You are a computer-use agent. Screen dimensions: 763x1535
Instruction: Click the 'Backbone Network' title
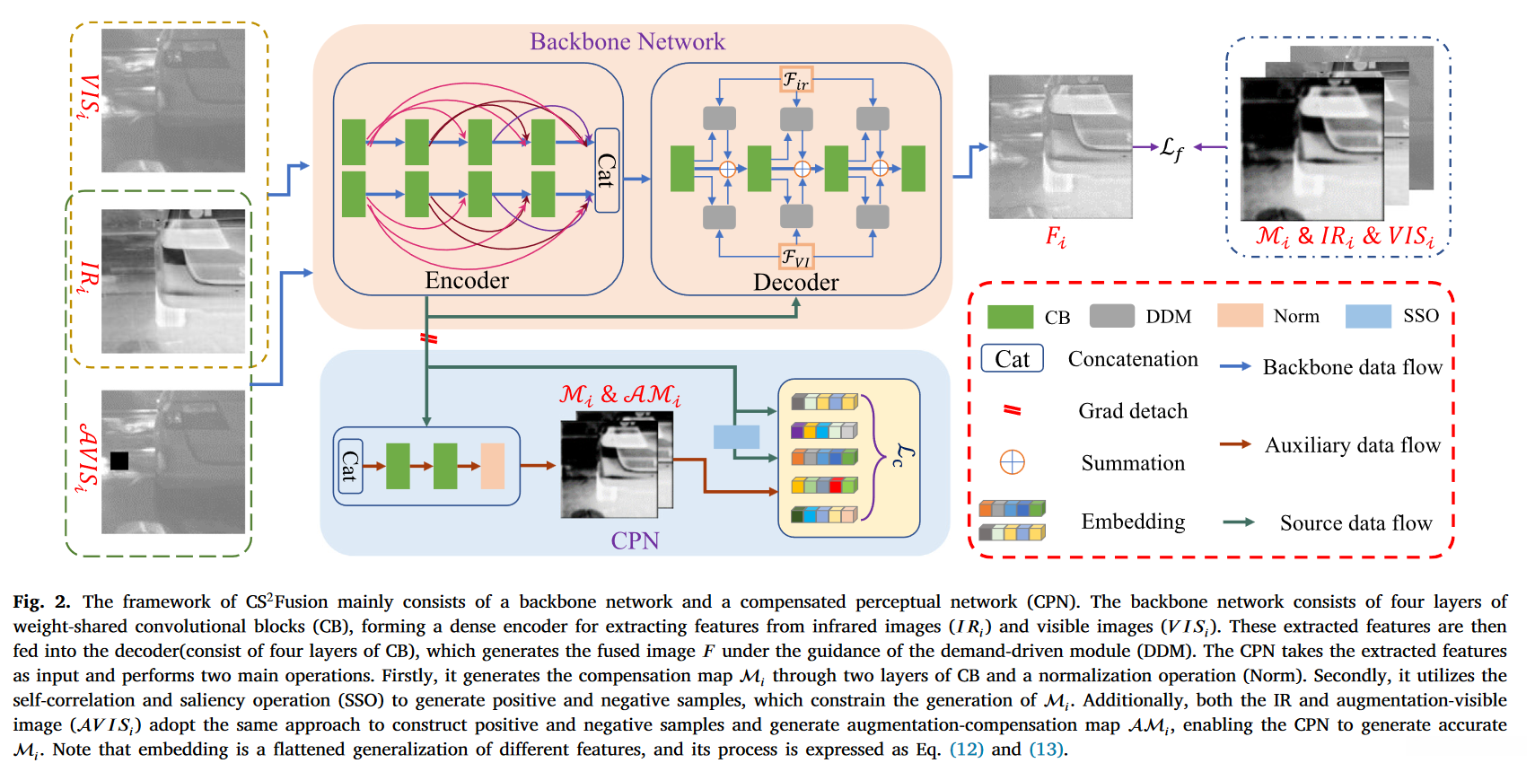pos(627,41)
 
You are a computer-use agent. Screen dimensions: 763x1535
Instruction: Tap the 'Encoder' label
pos(467,280)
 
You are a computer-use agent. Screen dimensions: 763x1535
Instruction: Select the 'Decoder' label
pos(795,282)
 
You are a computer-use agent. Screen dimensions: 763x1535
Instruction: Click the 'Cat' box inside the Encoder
pos(607,171)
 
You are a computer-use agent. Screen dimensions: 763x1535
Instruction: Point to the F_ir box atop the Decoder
pos(796,80)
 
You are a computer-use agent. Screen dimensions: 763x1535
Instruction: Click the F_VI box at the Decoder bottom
pos(796,258)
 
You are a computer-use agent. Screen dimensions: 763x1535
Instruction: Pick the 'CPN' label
pos(635,540)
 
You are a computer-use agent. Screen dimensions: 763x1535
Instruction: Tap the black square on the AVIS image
pos(119,460)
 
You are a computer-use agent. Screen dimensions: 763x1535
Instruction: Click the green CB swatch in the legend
pos(1010,317)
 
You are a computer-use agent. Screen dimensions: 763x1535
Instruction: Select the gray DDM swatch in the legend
pos(1111,316)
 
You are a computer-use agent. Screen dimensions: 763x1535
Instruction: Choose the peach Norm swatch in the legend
pos(1240,315)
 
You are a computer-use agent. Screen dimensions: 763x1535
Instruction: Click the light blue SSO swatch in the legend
pos(1368,316)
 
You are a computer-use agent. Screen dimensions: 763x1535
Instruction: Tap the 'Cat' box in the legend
pos(1012,359)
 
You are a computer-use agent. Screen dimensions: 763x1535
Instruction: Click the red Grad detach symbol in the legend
pos(1012,410)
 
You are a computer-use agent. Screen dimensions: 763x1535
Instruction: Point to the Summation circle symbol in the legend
pos(1012,462)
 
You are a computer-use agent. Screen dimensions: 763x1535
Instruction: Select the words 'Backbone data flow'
pos(1352,367)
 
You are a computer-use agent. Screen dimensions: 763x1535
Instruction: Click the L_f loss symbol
pos(1171,148)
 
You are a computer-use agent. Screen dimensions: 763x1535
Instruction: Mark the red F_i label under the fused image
pos(1056,237)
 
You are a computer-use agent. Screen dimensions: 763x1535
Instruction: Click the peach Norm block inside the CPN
pos(492,466)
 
